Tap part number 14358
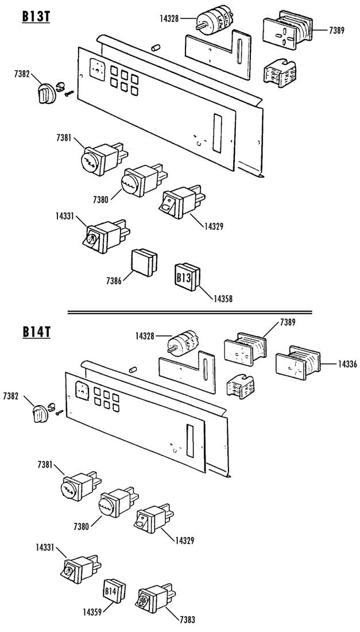point(223,299)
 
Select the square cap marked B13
point(187,276)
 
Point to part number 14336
point(347,364)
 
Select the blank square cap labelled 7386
point(144,263)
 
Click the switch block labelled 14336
point(298,363)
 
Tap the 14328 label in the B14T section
point(145,336)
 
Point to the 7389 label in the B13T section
point(336,30)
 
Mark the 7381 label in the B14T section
point(45,465)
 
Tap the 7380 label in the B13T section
point(100,199)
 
